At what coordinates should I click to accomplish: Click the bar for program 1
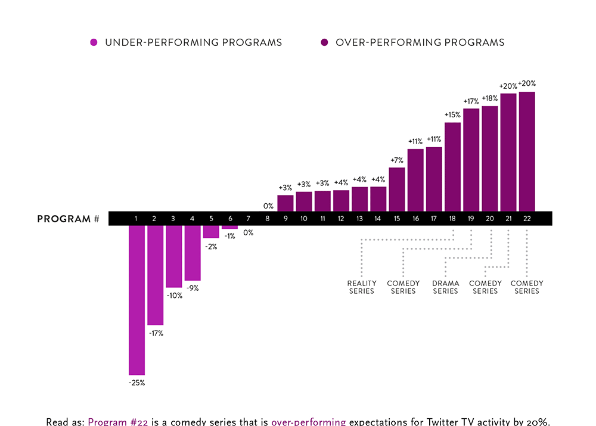136,300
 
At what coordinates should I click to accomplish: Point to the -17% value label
156,333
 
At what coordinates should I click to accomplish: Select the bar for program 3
173,256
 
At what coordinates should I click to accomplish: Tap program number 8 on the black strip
266,219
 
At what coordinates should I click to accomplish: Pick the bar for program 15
397,189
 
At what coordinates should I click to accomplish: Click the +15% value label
452,114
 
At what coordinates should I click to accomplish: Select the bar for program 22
527,151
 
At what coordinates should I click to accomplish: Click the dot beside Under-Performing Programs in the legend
94,42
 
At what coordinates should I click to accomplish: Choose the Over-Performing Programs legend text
420,42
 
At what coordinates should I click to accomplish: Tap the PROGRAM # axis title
68,219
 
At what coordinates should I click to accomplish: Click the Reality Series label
362,287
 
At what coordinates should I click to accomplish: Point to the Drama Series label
445,287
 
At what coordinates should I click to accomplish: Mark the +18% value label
490,98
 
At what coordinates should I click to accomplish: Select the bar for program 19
471,160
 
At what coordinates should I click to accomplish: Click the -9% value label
192,288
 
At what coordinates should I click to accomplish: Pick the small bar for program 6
229,227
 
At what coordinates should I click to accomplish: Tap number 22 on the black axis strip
527,219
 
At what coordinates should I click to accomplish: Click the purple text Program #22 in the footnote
116,422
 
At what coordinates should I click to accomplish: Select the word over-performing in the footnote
308,422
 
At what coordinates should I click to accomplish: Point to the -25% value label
136,383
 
